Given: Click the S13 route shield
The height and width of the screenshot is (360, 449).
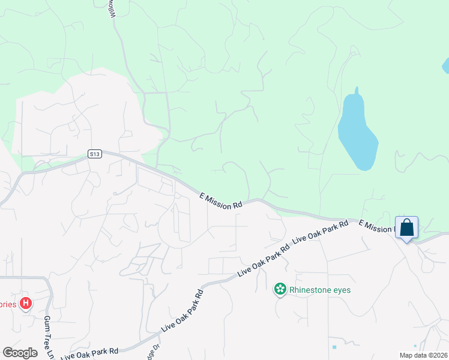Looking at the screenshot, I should click(94, 154).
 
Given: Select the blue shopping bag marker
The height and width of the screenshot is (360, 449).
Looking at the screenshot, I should click(407, 228).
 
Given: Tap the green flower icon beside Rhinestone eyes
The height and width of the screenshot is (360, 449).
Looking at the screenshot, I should click(280, 290).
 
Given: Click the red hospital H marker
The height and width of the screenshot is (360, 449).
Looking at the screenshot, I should click(25, 304).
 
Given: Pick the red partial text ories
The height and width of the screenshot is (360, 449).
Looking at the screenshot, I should click(7, 304).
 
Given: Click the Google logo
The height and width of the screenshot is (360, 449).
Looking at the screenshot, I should click(20, 352).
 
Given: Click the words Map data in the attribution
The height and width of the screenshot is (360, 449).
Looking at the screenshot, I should click(414, 355).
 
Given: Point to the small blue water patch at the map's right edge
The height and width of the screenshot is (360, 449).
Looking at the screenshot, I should click(445, 65).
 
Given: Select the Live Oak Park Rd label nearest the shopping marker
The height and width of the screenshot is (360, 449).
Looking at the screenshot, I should click(320, 232).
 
